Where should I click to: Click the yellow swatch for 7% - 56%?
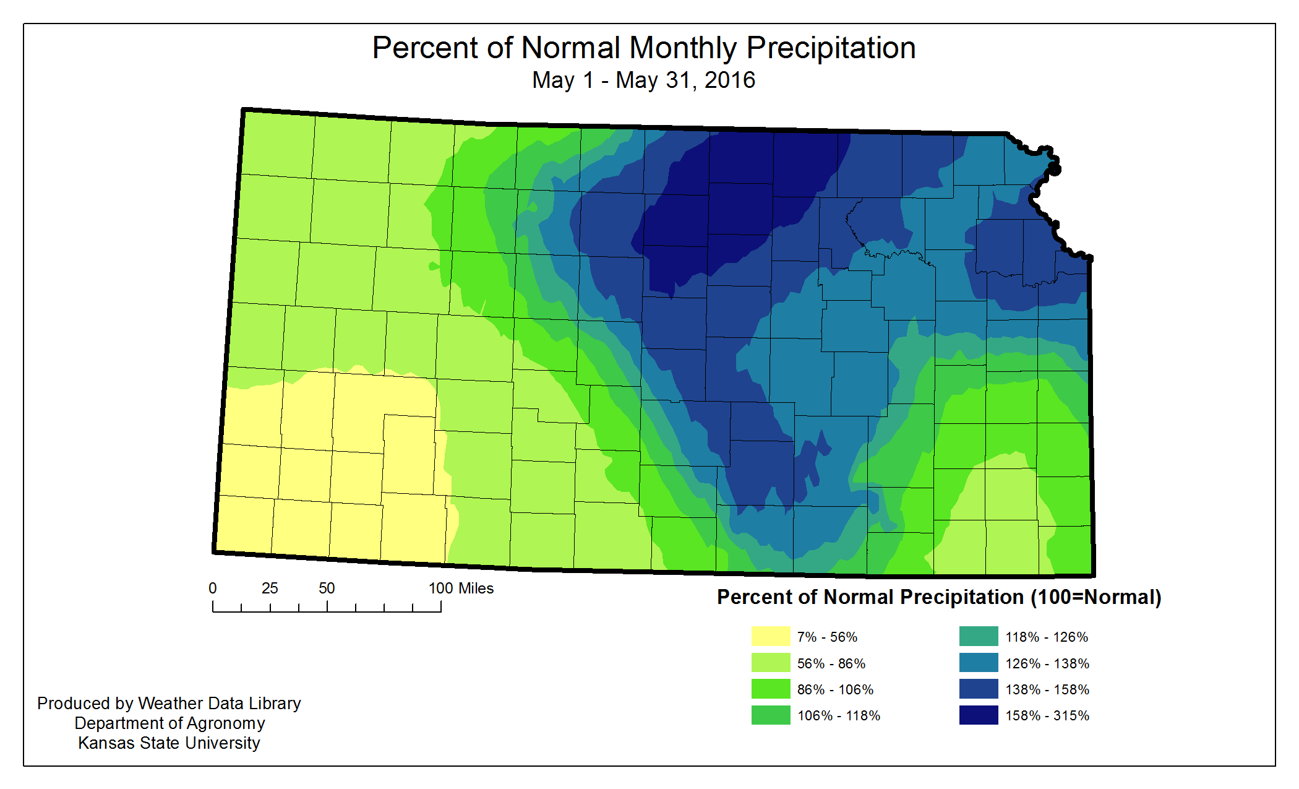click(770, 636)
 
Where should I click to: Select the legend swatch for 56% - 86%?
click(770, 663)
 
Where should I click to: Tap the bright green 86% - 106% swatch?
click(770, 689)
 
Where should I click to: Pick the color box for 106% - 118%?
click(770, 715)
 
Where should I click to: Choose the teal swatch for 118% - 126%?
click(978, 636)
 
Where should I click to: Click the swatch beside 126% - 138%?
click(978, 663)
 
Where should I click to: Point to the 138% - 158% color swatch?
click(978, 689)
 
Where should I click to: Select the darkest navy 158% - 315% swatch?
click(978, 715)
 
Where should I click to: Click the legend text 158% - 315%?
click(1047, 715)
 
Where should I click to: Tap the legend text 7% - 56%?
click(827, 637)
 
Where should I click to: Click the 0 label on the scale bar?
click(213, 589)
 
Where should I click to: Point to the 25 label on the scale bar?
click(270, 589)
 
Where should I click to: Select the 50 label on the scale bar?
click(327, 589)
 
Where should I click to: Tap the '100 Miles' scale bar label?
click(461, 589)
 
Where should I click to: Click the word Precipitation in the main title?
click(831, 48)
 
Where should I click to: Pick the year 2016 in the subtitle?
click(730, 80)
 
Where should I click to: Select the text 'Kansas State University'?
click(169, 743)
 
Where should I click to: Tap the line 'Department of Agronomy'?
click(169, 723)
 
